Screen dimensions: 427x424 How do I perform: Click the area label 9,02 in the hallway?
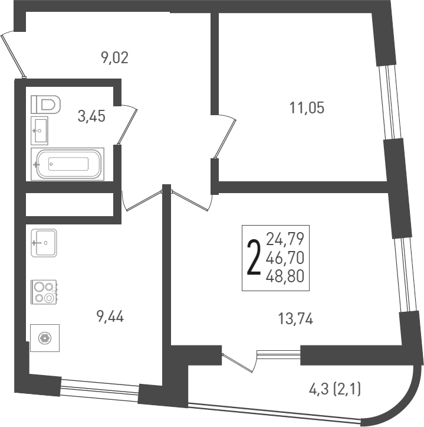coord(114,58)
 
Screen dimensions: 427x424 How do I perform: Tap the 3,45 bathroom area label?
coord(91,116)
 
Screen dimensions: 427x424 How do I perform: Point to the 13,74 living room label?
coord(295,320)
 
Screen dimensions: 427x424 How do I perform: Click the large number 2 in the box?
coord(254,258)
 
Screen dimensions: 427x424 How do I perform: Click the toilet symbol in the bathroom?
coord(47,105)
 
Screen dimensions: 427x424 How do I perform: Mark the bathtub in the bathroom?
coord(68,164)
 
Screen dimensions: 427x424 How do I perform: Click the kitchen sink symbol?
coord(44,243)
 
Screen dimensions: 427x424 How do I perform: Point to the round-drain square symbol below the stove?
coord(45,338)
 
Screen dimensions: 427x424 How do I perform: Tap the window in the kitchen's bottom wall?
coord(99,389)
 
